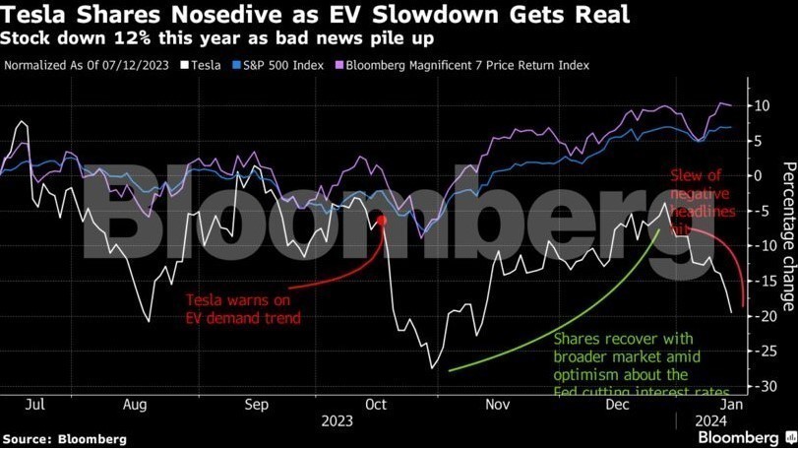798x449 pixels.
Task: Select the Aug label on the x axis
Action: pos(135,404)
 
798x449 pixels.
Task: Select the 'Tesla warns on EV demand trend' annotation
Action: pos(243,308)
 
